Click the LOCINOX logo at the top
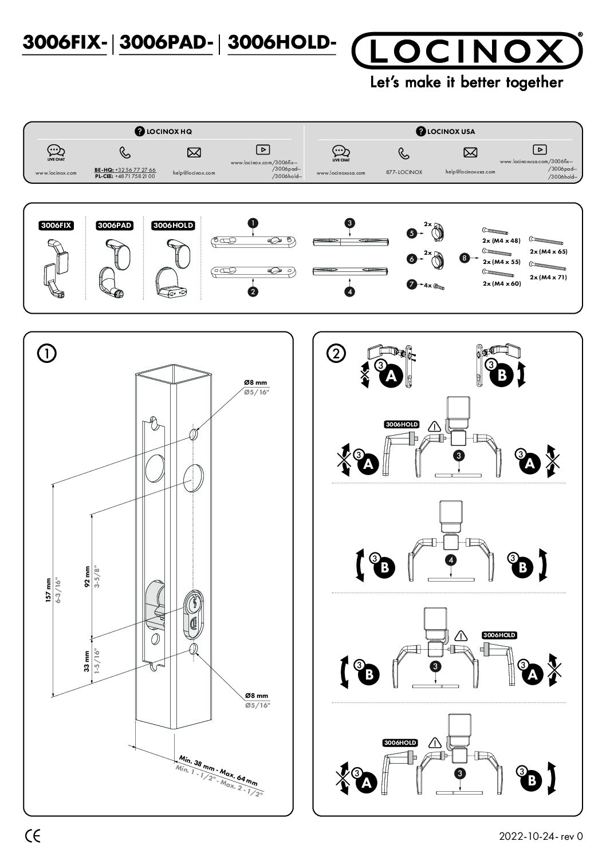coord(467,51)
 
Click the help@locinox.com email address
coord(194,172)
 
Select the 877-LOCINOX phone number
coord(404,172)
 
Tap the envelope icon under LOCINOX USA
coord(470,152)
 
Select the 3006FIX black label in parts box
coord(56,226)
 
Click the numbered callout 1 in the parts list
coord(253,222)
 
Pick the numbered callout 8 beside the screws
coord(465,258)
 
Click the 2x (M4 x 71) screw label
coord(548,277)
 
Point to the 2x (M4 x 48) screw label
coord(501,240)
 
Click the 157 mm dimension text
coord(49,590)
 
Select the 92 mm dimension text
coord(88,577)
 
